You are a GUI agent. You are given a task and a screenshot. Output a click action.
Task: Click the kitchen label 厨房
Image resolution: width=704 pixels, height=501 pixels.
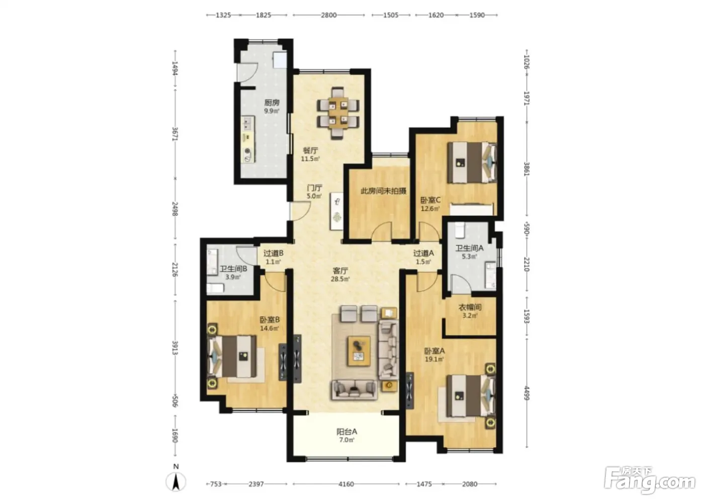(x=272, y=103)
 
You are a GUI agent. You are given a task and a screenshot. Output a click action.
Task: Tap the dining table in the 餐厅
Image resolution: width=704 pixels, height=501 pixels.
(x=338, y=113)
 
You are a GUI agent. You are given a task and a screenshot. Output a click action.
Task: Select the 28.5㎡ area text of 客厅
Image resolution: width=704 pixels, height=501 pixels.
(x=340, y=279)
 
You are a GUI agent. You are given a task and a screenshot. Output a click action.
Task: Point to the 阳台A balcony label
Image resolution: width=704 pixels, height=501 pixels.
(x=346, y=432)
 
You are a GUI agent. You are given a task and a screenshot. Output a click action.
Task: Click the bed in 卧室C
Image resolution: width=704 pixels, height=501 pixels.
(x=472, y=162)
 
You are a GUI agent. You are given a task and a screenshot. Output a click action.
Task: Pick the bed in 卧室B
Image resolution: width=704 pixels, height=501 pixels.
(x=232, y=357)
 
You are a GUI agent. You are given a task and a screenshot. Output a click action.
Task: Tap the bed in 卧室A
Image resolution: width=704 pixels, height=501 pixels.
(x=471, y=396)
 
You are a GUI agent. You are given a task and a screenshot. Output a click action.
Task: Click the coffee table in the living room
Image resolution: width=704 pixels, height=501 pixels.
(x=359, y=351)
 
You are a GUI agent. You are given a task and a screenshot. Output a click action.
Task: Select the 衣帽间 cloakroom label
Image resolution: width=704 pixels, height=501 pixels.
(x=470, y=307)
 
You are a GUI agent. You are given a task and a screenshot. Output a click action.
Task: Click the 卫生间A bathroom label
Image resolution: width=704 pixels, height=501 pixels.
(x=470, y=248)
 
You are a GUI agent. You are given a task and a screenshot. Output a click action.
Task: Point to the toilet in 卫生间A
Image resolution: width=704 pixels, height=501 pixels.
(x=460, y=230)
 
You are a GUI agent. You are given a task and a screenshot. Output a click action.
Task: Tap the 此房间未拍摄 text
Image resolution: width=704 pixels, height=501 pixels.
(x=383, y=191)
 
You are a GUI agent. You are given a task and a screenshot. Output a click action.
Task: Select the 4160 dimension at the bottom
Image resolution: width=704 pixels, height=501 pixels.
(x=346, y=484)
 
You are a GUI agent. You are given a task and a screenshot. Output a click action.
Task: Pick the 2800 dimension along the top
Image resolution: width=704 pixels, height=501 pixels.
(x=329, y=15)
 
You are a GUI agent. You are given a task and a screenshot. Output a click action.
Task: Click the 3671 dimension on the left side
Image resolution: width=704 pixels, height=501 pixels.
(x=175, y=134)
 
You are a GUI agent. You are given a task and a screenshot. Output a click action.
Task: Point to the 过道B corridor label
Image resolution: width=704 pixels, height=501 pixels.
(x=274, y=253)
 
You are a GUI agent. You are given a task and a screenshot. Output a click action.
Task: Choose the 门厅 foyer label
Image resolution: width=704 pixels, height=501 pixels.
(x=314, y=188)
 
